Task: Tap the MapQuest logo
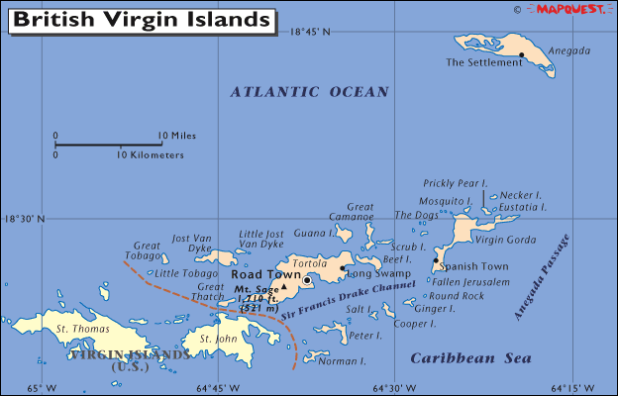(572, 9)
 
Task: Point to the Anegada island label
(569, 50)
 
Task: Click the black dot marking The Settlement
(521, 54)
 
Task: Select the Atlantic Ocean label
(310, 92)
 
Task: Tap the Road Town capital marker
(307, 280)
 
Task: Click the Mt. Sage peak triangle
(283, 286)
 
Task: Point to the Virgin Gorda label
(505, 240)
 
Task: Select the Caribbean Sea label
(470, 358)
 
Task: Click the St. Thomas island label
(76, 328)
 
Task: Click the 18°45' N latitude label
(310, 32)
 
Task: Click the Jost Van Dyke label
(194, 244)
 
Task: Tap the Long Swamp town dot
(343, 267)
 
